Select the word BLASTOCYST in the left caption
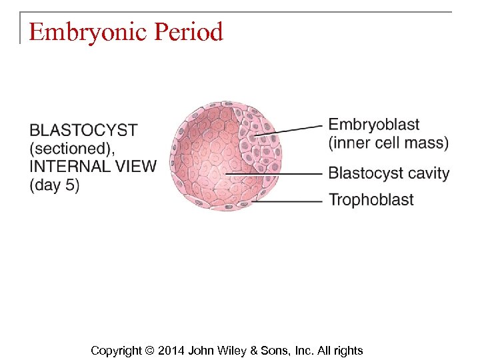pyautogui.click(x=83, y=130)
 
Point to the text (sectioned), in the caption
pyautogui.click(x=73, y=148)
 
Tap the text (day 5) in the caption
pyautogui.click(x=55, y=185)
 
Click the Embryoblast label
pyautogui.click(x=374, y=125)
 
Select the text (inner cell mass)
pyautogui.click(x=389, y=143)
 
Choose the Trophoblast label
pyautogui.click(x=371, y=199)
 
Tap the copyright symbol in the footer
pyautogui.click(x=149, y=350)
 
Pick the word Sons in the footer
pyautogui.click(x=276, y=350)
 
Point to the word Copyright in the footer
pyautogui.click(x=116, y=350)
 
